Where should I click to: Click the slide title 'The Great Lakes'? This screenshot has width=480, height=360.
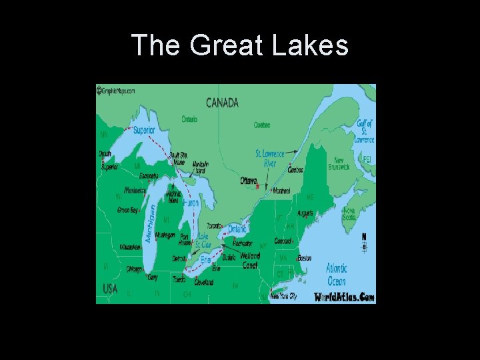pyautogui.click(x=240, y=46)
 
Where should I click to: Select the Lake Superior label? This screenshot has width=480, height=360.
pyautogui.click(x=143, y=130)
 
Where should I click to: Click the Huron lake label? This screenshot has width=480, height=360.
pyautogui.click(x=190, y=202)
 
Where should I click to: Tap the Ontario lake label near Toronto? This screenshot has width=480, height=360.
pyautogui.click(x=237, y=229)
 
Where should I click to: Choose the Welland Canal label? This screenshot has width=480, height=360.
pyautogui.click(x=250, y=260)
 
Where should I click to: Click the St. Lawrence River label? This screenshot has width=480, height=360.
pyautogui.click(x=269, y=159)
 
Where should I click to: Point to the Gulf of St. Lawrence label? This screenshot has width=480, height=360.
pyautogui.click(x=364, y=131)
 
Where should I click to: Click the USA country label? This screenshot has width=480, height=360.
pyautogui.click(x=110, y=288)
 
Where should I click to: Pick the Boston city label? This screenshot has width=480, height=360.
pyautogui.click(x=305, y=258)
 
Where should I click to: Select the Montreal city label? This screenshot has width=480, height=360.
pyautogui.click(x=279, y=191)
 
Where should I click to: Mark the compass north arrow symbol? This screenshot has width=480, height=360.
pyautogui.click(x=364, y=241)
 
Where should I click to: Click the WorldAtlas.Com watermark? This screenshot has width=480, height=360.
pyautogui.click(x=344, y=297)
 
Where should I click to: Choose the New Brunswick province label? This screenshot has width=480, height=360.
pyautogui.click(x=339, y=164)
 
